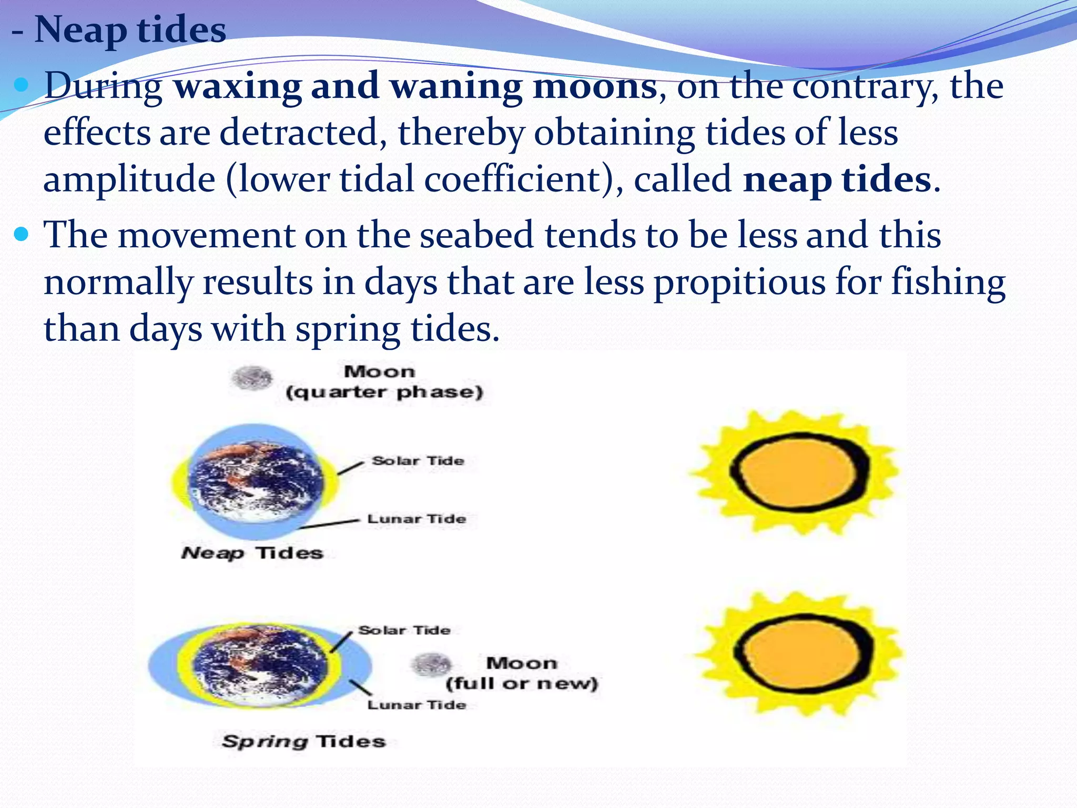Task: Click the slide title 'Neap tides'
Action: point(129,29)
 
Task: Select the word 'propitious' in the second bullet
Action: point(739,282)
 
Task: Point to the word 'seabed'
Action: point(476,235)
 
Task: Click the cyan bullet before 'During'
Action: point(22,84)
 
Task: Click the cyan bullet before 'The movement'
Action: point(22,234)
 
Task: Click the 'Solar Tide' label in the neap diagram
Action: point(418,461)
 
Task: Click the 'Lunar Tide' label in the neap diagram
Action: point(416,519)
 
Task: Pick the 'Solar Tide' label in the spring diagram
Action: point(404,630)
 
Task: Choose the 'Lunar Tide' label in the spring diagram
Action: point(416,705)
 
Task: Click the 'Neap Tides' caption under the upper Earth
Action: point(252,553)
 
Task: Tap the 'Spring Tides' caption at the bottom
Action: point(304,741)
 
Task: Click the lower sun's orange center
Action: point(802,654)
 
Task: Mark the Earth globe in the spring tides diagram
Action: point(260,665)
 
